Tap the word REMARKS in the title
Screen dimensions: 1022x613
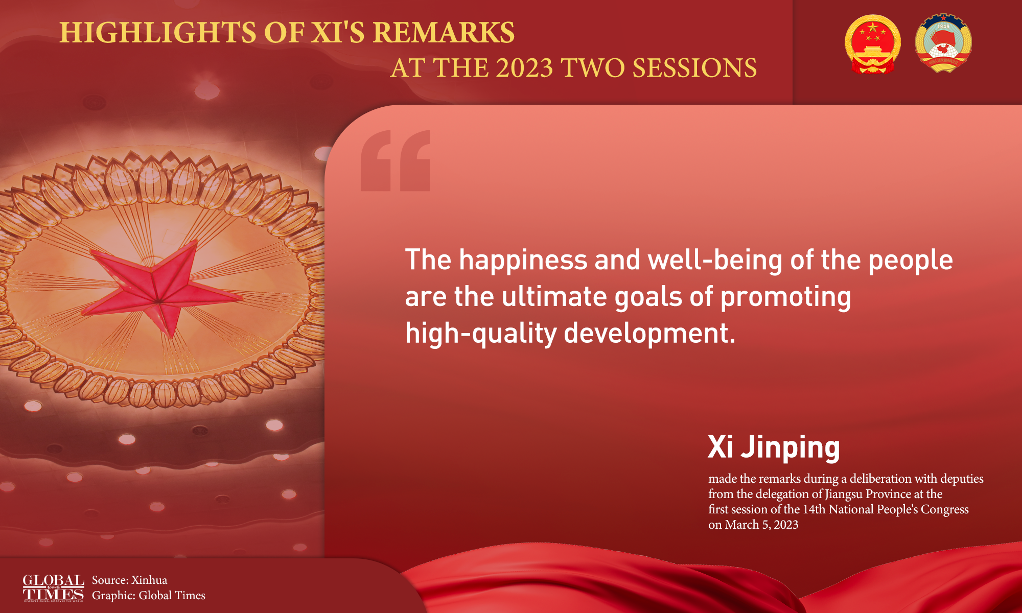click(x=444, y=33)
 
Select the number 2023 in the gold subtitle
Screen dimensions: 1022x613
click(x=524, y=68)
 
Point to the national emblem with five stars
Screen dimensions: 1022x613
click(x=872, y=44)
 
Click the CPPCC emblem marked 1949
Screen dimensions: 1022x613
click(x=943, y=43)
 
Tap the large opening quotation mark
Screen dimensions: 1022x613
click(x=396, y=160)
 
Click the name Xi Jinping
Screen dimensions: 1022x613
click(x=774, y=447)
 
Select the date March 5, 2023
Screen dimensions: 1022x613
click(x=761, y=525)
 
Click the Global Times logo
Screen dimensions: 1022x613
click(x=53, y=588)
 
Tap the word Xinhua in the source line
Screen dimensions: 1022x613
click(x=149, y=580)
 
